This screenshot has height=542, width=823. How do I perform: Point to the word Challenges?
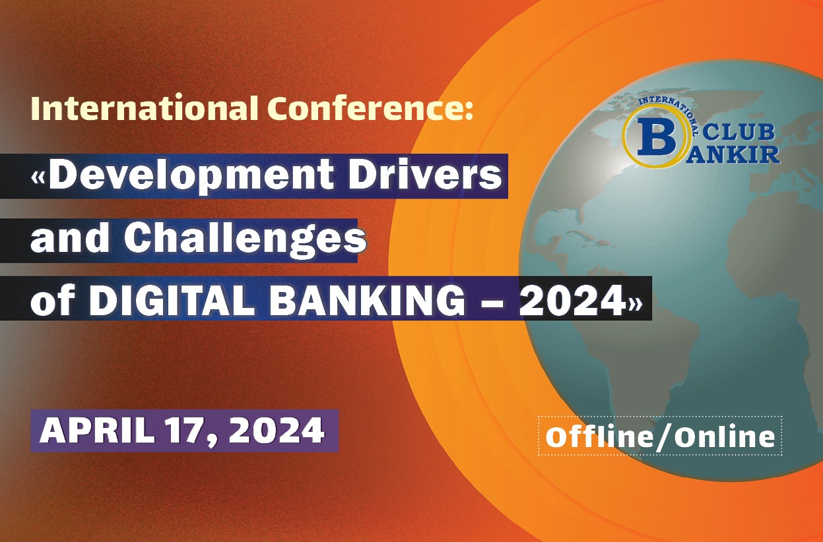click(246, 239)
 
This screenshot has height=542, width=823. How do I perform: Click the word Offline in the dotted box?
click(598, 437)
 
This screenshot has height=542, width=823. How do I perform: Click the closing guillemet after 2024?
click(635, 302)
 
